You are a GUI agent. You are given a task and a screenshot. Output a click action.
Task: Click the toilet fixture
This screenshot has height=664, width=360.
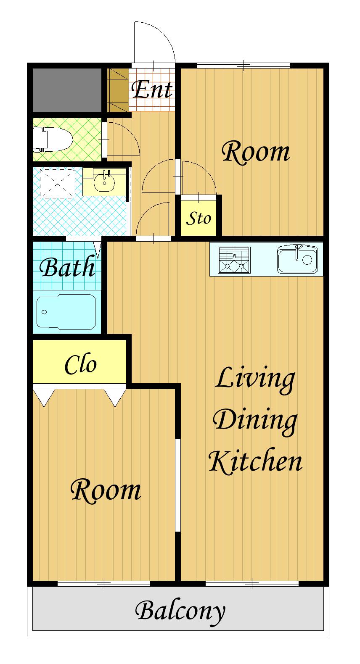pos(52,140)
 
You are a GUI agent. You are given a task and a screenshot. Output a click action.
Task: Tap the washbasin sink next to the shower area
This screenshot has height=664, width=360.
pos(104,181)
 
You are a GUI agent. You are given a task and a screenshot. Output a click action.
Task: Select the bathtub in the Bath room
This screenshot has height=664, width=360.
pos(66,311)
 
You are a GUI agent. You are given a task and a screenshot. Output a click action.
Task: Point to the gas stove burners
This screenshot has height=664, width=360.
pos(234,260)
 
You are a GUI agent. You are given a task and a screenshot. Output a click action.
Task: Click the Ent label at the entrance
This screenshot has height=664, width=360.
pos(152,90)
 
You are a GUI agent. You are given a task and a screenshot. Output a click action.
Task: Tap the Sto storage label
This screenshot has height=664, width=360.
pos(199,219)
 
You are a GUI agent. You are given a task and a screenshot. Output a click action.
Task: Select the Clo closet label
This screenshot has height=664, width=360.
pos(81,364)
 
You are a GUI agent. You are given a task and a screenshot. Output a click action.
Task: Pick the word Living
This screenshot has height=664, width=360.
pos(255,380)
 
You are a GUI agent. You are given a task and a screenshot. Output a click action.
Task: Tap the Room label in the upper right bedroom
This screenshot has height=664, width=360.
pos(256,152)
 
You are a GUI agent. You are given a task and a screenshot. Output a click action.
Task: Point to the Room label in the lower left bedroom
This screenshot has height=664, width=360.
pos(106,490)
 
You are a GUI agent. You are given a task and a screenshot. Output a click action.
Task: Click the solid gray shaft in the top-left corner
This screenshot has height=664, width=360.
pos(67,90)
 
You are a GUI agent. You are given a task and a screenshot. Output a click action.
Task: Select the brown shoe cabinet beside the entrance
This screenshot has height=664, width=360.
pos(118,90)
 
